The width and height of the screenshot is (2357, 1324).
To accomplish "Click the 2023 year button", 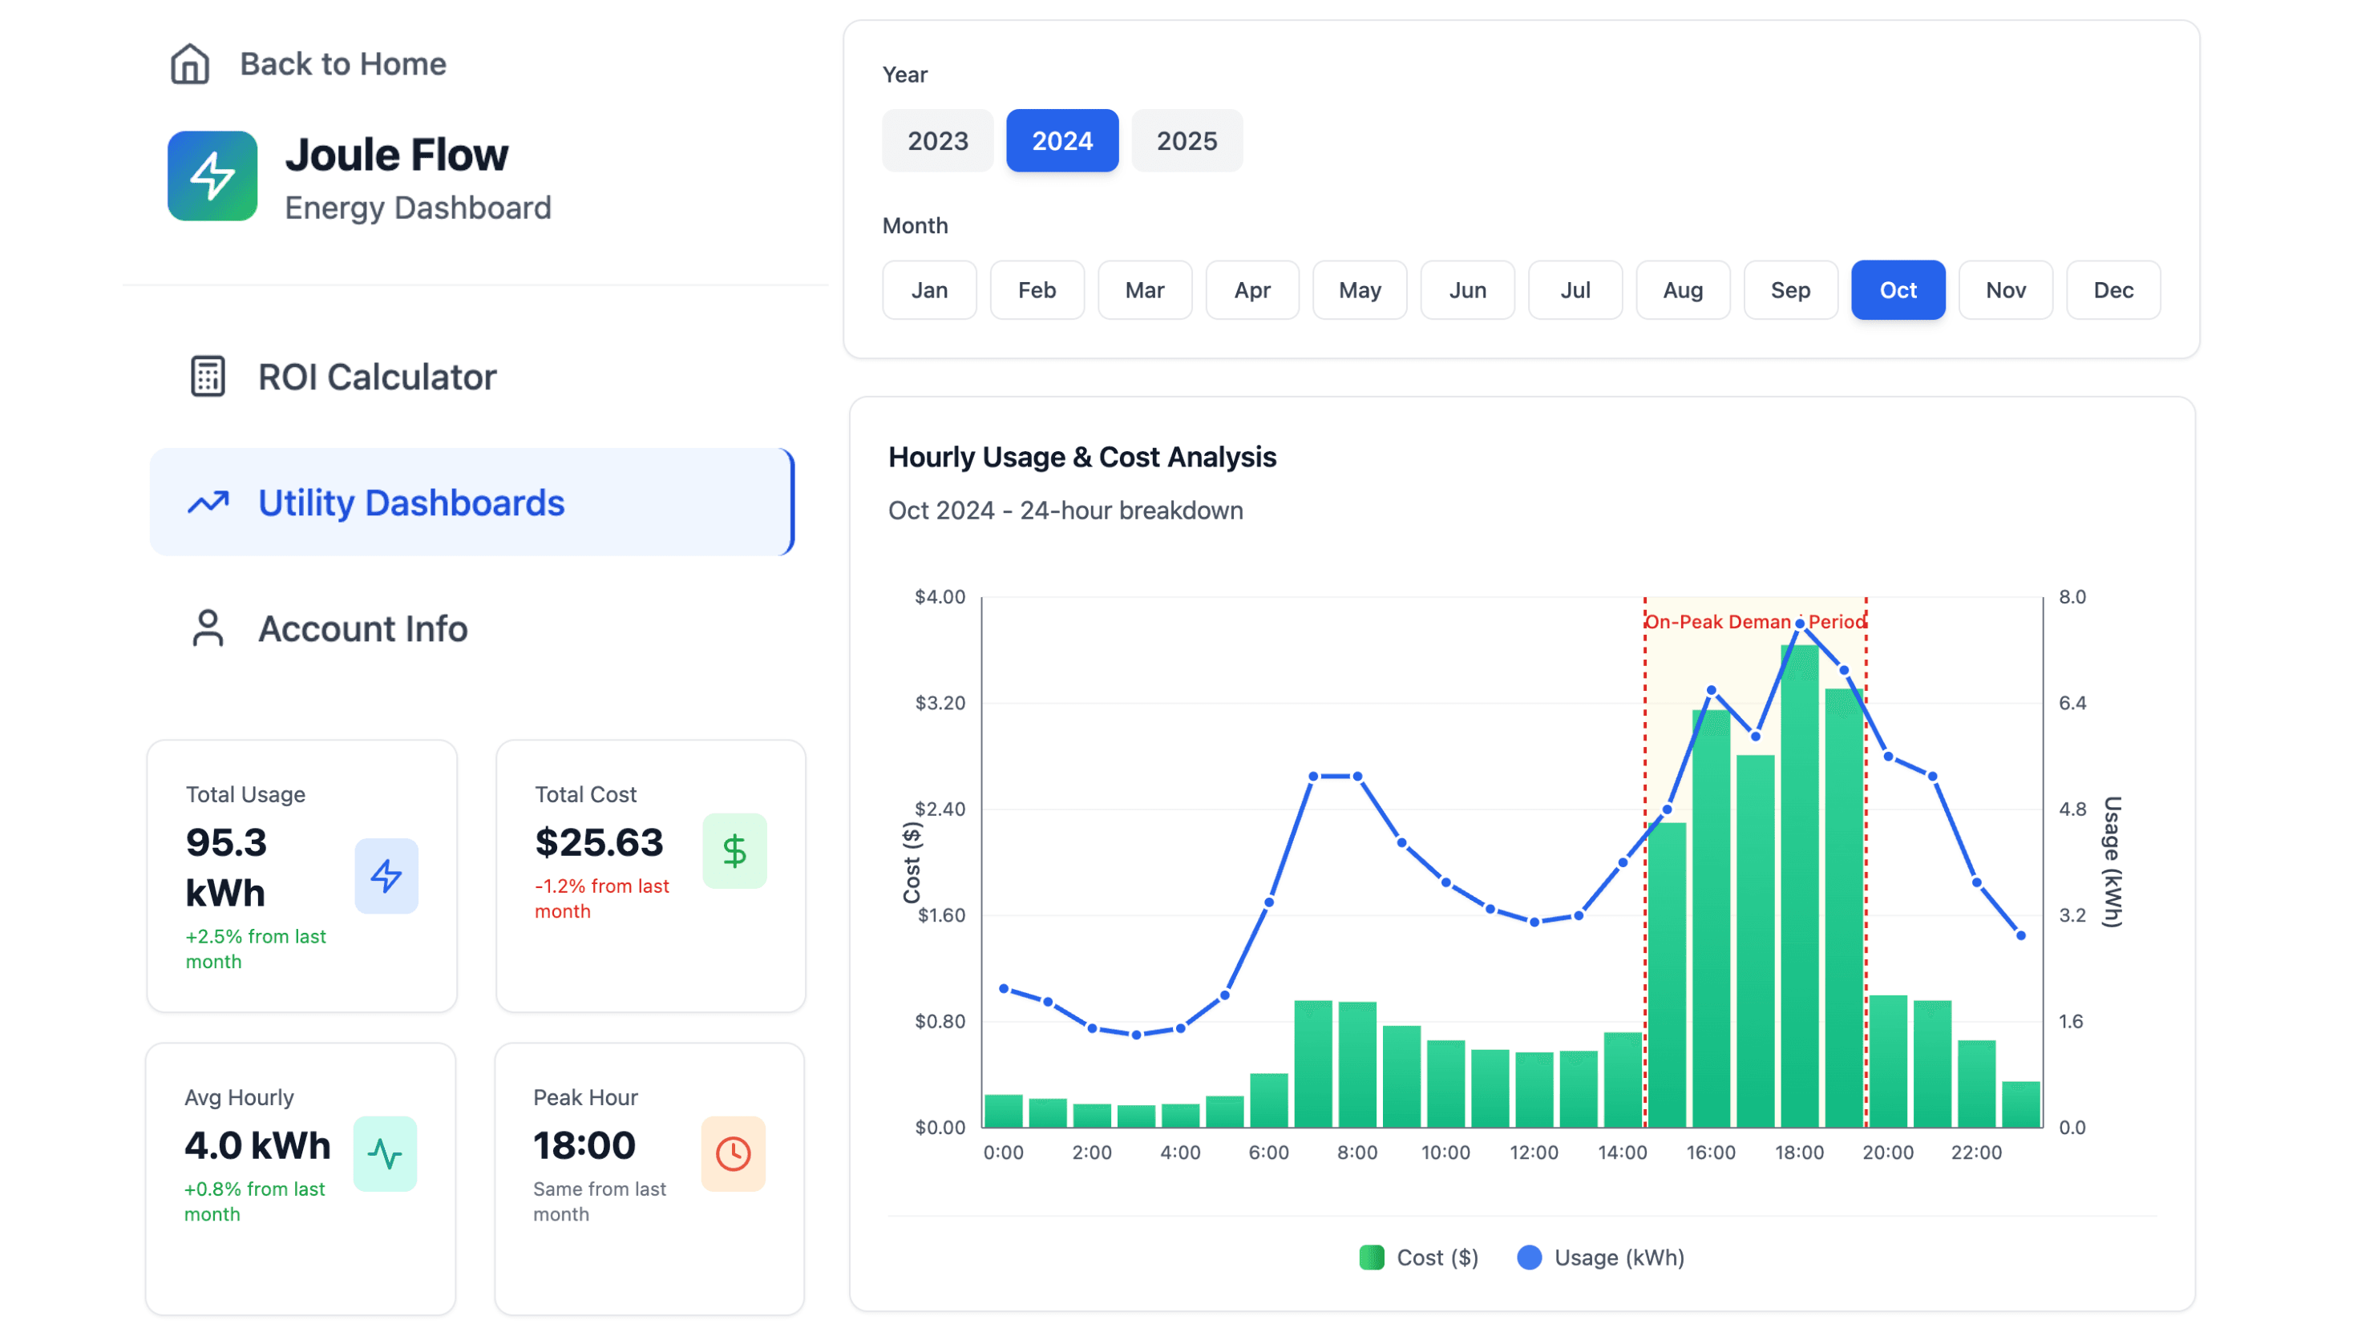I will (x=937, y=141).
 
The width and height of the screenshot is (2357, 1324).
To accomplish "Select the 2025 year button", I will (x=1186, y=141).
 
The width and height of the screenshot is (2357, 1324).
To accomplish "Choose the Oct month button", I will (x=1897, y=290).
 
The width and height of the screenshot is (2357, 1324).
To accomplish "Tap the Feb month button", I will (x=1036, y=290).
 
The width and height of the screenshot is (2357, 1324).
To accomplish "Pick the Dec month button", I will (x=2112, y=290).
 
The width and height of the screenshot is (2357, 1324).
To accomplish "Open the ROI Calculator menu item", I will (x=376, y=377).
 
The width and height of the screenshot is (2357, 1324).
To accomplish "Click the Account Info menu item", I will (x=362, y=628).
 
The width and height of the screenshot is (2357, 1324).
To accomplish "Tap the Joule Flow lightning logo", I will (x=212, y=176).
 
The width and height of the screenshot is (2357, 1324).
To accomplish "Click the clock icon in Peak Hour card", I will (x=733, y=1153).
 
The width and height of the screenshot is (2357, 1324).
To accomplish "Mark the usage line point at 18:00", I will (x=1800, y=624).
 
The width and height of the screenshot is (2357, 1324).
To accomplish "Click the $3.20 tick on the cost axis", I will (x=940, y=703).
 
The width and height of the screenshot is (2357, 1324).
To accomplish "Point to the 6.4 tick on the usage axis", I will (x=2072, y=703).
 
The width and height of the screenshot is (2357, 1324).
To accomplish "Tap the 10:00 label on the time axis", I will (x=1445, y=1152).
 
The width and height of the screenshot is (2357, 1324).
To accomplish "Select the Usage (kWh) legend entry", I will (x=1601, y=1257).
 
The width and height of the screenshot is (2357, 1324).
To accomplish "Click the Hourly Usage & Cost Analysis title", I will (x=1081, y=457).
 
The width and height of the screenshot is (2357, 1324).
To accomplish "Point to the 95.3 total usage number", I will (x=226, y=842).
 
